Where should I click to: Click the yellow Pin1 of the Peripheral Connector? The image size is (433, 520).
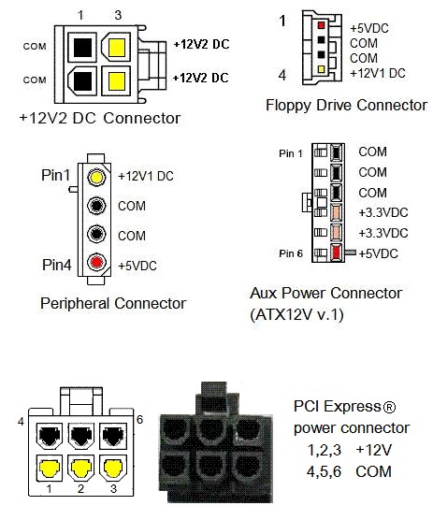[x=97, y=177]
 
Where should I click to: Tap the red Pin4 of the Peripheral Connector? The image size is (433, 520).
[x=97, y=262]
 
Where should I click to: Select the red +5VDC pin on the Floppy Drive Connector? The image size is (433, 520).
[x=321, y=25]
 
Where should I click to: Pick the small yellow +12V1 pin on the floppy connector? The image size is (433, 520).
[x=321, y=69]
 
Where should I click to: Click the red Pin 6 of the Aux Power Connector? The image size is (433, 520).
[x=336, y=253]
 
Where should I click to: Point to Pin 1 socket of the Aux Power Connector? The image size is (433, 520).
[x=336, y=152]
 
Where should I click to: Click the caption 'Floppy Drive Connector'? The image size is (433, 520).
[x=346, y=106]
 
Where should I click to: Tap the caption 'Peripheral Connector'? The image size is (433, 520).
[x=113, y=303]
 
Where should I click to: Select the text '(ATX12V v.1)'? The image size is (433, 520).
[x=296, y=314]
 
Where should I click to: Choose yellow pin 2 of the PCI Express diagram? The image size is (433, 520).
[x=81, y=469]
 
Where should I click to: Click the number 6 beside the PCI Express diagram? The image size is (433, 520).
[x=139, y=420]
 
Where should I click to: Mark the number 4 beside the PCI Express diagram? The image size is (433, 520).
[x=22, y=422]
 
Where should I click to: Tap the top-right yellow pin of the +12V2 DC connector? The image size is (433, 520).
[x=117, y=48]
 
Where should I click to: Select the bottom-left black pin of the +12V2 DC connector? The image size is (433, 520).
[x=83, y=81]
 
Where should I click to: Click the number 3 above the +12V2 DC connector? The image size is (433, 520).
[x=118, y=15]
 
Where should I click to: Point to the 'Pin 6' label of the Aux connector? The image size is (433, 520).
[x=291, y=253]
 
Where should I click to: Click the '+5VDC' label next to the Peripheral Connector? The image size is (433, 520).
[x=137, y=266]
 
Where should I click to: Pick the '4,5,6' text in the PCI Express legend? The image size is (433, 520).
[x=324, y=471]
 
